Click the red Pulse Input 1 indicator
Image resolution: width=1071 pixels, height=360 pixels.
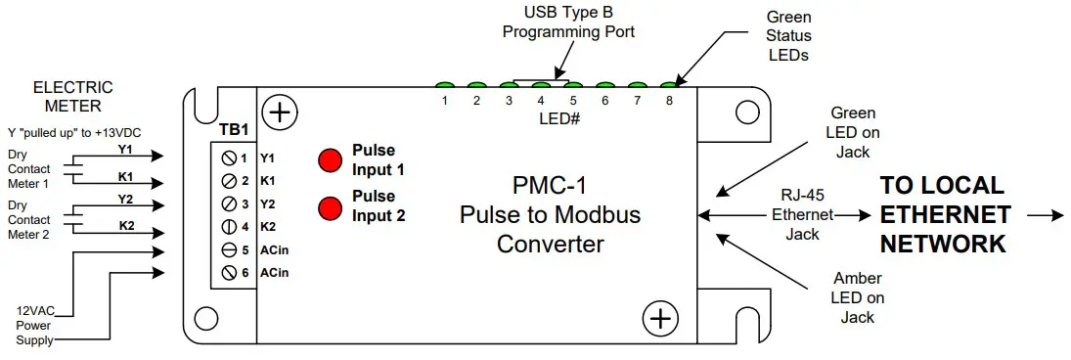(x=331, y=159)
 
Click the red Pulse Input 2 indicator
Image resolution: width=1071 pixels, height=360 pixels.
(x=331, y=207)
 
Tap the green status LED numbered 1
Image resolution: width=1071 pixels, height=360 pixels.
(x=444, y=86)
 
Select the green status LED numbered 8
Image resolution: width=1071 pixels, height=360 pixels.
(x=669, y=86)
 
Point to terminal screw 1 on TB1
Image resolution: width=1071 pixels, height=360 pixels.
(x=229, y=157)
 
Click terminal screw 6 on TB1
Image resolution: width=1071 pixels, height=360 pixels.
(x=229, y=271)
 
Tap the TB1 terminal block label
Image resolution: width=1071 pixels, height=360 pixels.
(x=234, y=129)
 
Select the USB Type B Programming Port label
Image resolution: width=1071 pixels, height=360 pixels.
(x=568, y=22)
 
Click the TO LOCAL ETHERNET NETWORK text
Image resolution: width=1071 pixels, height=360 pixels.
(x=943, y=214)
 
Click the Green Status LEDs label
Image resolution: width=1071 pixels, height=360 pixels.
(x=788, y=36)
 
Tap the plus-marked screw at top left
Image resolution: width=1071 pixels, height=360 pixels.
(x=280, y=112)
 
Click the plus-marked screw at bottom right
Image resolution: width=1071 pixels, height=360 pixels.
(x=660, y=318)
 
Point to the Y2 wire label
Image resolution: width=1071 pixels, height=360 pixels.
(x=124, y=200)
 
